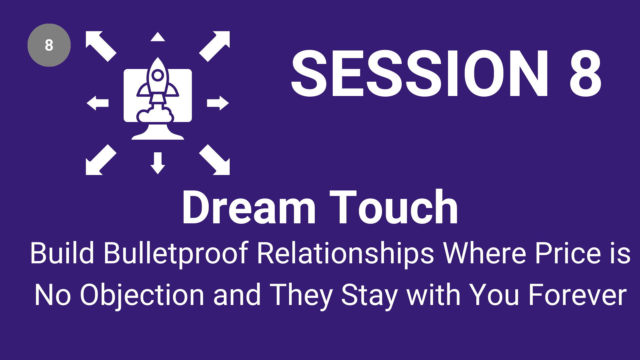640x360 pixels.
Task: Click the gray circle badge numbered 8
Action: tap(49, 45)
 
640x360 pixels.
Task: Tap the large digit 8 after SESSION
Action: tap(586, 73)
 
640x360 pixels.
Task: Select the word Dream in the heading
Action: tap(249, 207)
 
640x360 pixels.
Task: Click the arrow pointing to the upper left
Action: tap(101, 46)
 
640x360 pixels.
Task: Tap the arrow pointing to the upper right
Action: tap(214, 46)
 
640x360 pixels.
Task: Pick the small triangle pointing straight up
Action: tap(158, 37)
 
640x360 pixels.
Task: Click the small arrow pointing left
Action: tap(98, 103)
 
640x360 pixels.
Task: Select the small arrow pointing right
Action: tap(218, 103)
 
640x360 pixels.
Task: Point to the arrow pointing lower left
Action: tap(101, 160)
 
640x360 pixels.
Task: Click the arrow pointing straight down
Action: tap(158, 163)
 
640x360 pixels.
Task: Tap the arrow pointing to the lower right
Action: tap(214, 160)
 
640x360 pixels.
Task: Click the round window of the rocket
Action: tap(158, 75)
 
